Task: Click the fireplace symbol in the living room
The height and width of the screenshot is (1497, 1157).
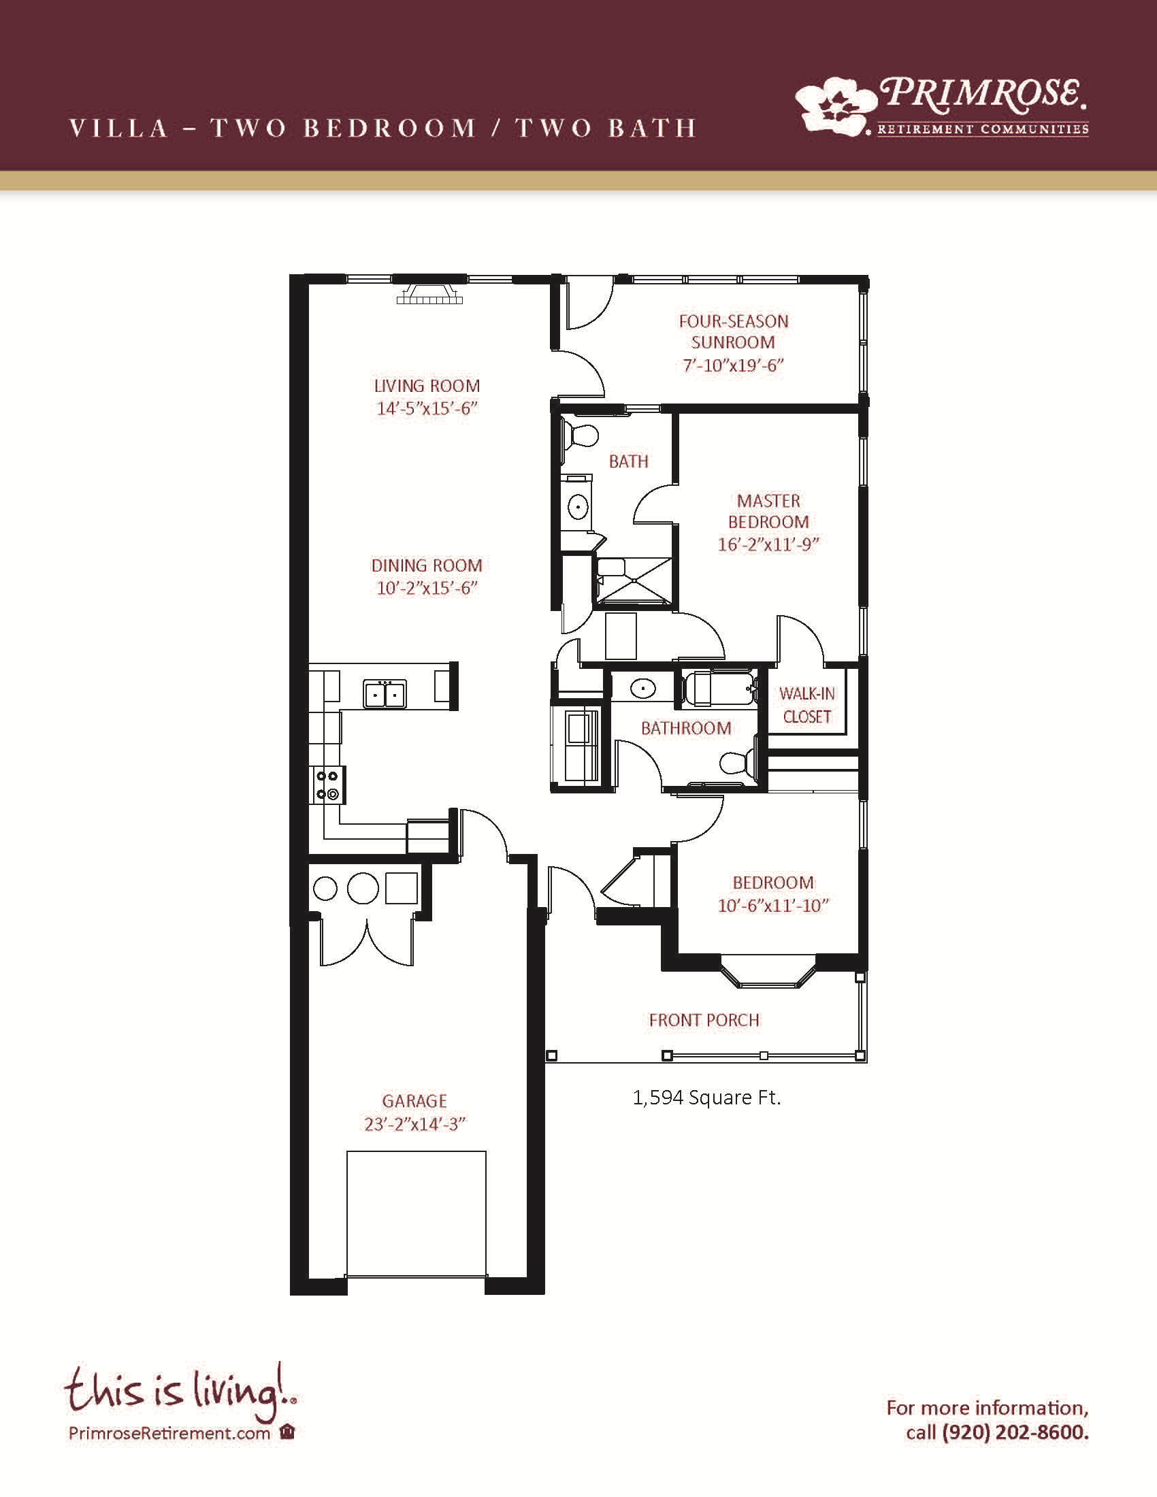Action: pyautogui.click(x=429, y=292)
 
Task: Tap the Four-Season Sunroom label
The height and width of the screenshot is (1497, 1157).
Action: pyautogui.click(x=734, y=332)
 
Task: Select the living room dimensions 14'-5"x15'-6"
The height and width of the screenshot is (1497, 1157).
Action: pyautogui.click(x=427, y=408)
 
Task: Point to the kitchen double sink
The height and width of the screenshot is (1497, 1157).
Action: pyautogui.click(x=385, y=693)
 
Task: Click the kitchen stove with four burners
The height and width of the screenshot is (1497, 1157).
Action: pyautogui.click(x=327, y=785)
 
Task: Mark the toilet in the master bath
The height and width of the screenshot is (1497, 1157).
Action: pyautogui.click(x=580, y=436)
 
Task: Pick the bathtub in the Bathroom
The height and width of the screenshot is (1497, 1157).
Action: pyautogui.click(x=719, y=688)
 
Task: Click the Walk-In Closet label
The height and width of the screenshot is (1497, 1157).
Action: pyautogui.click(x=807, y=706)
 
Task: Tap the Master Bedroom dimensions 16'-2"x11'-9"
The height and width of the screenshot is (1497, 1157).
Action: pyautogui.click(x=768, y=545)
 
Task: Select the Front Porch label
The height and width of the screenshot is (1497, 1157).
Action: pyautogui.click(x=704, y=1020)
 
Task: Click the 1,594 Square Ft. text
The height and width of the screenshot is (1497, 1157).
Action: pyautogui.click(x=706, y=1098)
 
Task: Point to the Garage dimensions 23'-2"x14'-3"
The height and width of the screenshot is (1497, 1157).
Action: pyautogui.click(x=414, y=1124)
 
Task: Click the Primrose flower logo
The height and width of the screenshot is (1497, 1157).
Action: pyautogui.click(x=836, y=104)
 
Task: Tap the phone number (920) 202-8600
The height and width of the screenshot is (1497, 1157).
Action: pyautogui.click(x=1015, y=1432)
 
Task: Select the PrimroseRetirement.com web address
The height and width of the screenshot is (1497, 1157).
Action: pyautogui.click(x=169, y=1433)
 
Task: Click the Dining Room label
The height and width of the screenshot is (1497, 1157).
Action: pyautogui.click(x=427, y=566)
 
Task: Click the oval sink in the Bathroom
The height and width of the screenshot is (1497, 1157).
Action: pyautogui.click(x=643, y=688)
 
